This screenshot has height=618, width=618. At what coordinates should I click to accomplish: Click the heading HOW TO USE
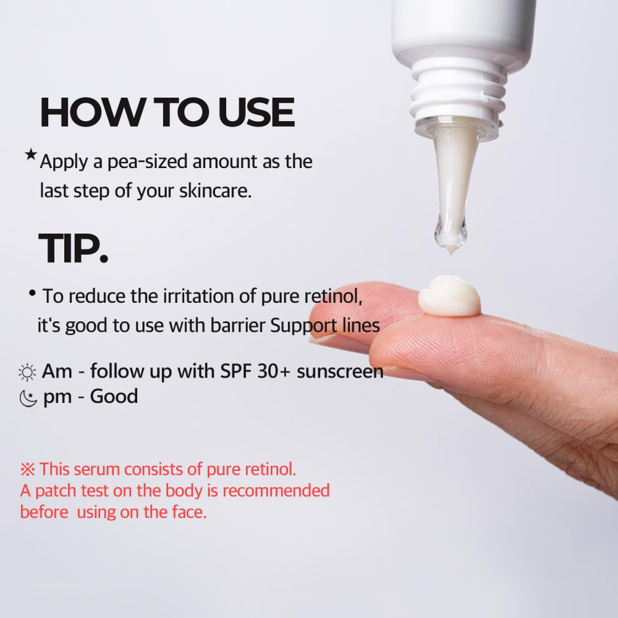tap(167, 112)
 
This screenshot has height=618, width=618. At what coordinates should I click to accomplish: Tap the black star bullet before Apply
tap(31, 154)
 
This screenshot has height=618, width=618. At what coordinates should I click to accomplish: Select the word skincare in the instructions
tap(215, 191)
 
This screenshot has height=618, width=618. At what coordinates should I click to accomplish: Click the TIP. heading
tap(73, 248)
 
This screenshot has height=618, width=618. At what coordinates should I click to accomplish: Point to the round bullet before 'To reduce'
tap(32, 293)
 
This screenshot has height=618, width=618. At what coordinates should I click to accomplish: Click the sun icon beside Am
tap(27, 372)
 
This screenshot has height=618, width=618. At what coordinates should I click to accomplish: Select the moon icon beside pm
tap(28, 398)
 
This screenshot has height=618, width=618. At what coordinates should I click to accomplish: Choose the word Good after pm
tap(114, 396)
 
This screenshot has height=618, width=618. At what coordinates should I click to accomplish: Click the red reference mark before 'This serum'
tap(28, 470)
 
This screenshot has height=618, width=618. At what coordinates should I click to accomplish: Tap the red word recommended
tap(276, 491)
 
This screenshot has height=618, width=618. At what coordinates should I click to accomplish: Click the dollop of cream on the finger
tap(449, 295)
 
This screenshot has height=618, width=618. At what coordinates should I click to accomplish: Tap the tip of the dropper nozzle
tap(451, 252)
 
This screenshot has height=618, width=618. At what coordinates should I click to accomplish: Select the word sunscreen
tap(340, 371)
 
